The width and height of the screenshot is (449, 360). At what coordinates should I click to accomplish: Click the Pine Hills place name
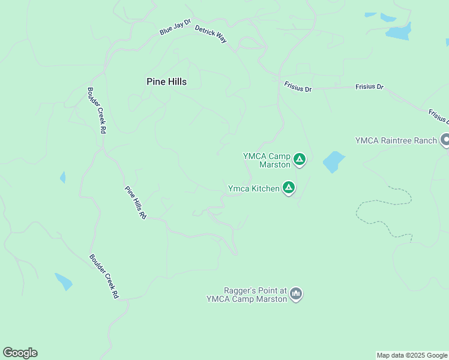pos(166,82)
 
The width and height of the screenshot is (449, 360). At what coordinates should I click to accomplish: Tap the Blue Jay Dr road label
pos(175,27)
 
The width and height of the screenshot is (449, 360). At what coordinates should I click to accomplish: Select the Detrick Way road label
pos(211,34)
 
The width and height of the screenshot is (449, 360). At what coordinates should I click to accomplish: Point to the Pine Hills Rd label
pos(136,202)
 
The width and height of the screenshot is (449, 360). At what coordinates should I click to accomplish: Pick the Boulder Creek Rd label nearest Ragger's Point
pos(104,276)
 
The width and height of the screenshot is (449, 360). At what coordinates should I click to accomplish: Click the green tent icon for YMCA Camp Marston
pos(300,160)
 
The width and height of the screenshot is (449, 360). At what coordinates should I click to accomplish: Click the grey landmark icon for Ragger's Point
pos(295,294)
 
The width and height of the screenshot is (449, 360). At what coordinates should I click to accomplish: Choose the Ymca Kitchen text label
pos(253,188)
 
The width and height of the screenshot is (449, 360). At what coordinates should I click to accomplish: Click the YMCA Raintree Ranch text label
pos(396,140)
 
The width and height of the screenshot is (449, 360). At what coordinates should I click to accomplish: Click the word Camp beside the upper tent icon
pos(279,156)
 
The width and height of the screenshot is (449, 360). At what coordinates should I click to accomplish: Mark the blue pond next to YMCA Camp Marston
pos(334,161)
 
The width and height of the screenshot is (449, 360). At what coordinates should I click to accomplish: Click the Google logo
pos(20,353)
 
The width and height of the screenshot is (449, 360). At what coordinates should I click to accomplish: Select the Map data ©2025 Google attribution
pos(412,355)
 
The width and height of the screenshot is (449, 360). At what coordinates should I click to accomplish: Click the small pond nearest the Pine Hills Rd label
pos(62,177)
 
